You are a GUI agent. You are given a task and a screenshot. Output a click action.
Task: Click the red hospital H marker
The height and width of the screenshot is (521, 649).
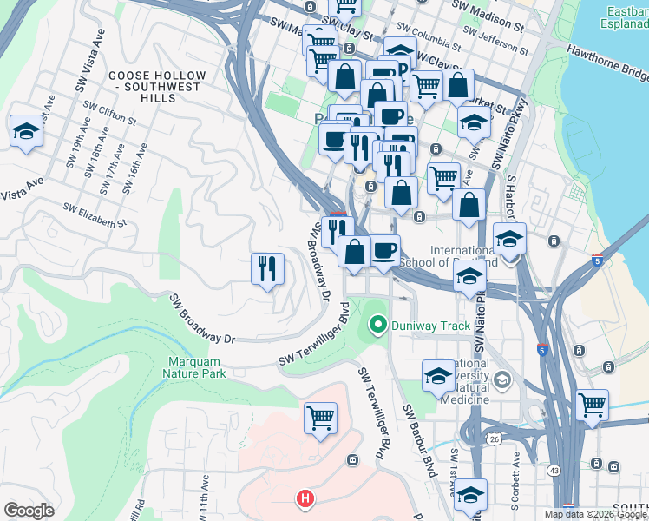(x=305, y=499)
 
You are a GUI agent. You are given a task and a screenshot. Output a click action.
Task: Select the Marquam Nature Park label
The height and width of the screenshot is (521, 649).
(x=193, y=367)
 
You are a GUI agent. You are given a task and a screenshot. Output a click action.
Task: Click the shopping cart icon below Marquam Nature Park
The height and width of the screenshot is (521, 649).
(x=320, y=418)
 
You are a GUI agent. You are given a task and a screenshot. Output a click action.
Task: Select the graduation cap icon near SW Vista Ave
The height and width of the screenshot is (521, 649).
(x=26, y=131)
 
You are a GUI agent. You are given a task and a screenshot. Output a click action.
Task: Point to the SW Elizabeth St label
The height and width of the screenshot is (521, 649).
(x=95, y=215)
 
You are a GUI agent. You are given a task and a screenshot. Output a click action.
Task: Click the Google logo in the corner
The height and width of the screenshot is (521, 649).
(x=29, y=511)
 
